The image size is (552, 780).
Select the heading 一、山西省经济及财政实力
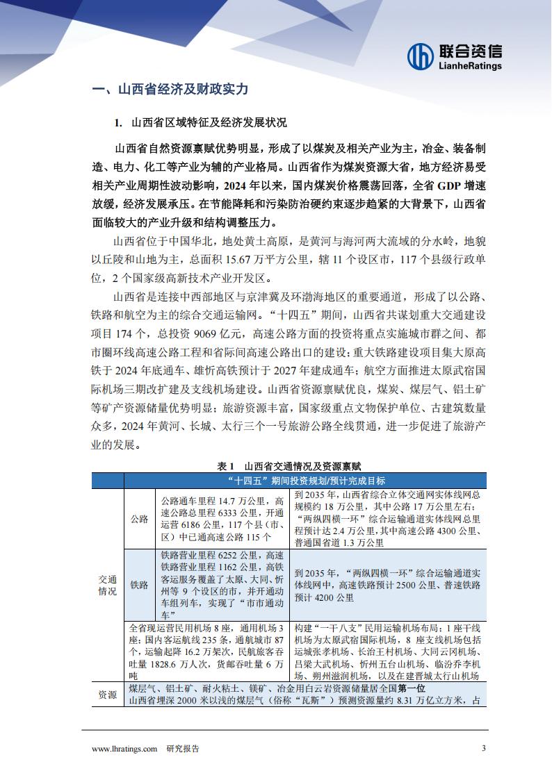point(170,90)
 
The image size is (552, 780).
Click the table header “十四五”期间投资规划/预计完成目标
point(306,481)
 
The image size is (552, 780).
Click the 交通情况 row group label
point(107,586)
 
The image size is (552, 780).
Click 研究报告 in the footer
point(183,749)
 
